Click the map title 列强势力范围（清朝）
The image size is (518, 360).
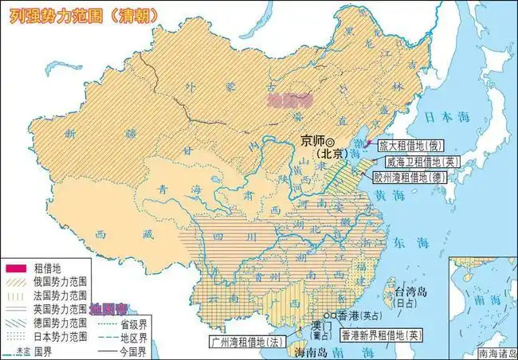(x=83, y=13)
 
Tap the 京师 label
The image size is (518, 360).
(x=314, y=140)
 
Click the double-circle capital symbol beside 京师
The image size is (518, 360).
(x=334, y=140)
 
